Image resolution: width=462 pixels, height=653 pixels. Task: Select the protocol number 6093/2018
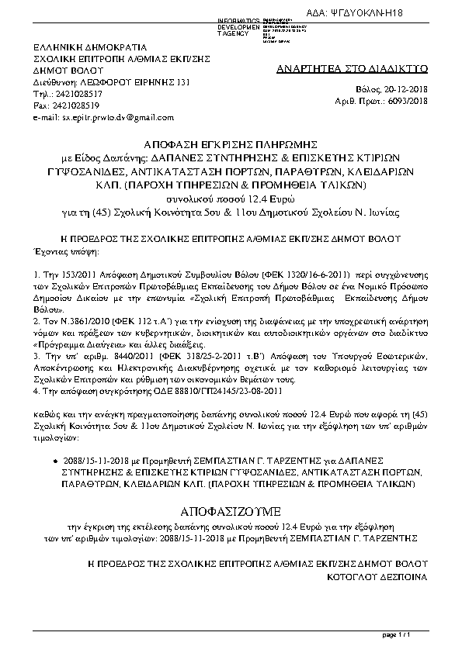point(408,100)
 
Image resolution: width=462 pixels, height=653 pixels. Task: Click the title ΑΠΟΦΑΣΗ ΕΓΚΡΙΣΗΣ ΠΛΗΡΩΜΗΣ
point(231,144)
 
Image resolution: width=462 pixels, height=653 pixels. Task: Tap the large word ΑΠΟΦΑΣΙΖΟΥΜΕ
point(231,513)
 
